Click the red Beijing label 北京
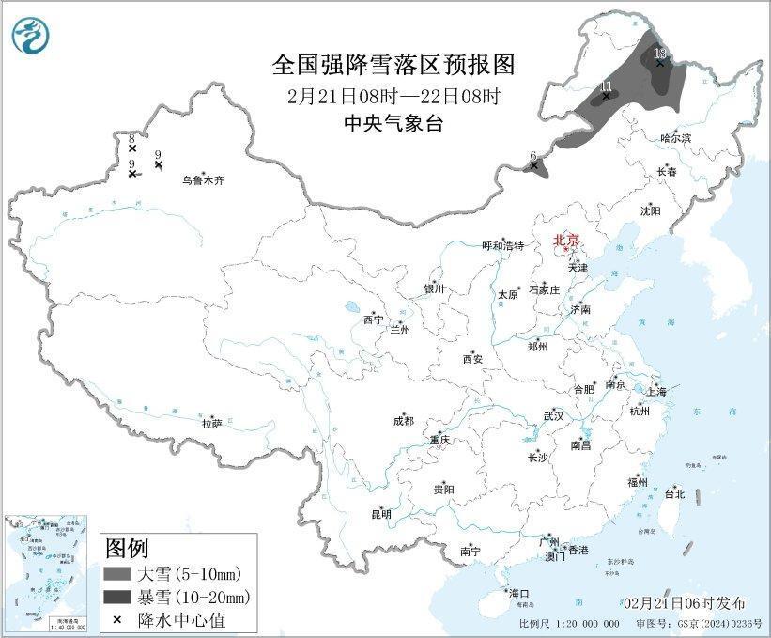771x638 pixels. [x=567, y=240]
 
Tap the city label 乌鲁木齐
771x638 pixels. [x=204, y=179]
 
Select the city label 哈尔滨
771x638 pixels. [x=675, y=137]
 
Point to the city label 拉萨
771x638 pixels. [x=211, y=423]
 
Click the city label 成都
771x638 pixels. [x=404, y=422]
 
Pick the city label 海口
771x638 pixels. [x=519, y=593]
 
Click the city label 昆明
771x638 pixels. [x=381, y=514]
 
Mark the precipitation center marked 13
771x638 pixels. [x=660, y=63]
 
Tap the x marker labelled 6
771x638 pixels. [x=534, y=165]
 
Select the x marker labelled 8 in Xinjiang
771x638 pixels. [x=132, y=148]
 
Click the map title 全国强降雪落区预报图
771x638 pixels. [x=393, y=64]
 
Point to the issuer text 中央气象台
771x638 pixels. [x=393, y=123]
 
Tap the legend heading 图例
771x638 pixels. [x=126, y=548]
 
